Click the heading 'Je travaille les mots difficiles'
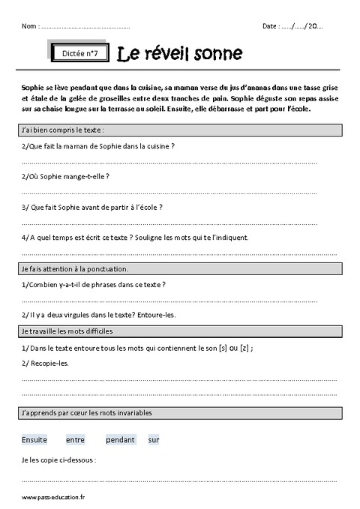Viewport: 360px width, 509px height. [x=68, y=331]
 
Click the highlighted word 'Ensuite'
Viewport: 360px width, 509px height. [x=35, y=440]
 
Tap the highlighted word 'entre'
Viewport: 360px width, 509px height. [x=76, y=440]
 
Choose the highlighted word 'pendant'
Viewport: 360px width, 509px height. [x=120, y=440]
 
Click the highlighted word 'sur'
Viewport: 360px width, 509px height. [x=154, y=440]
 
